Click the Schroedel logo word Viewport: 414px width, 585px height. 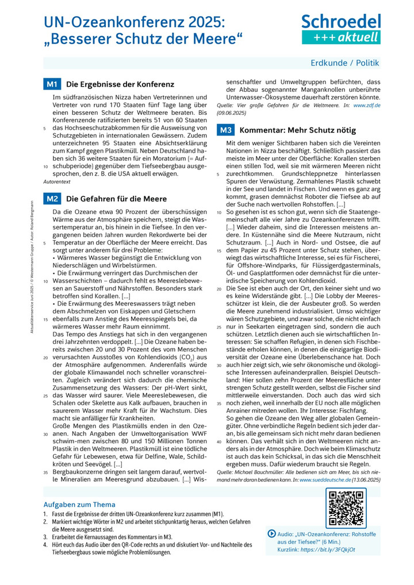[341, 21]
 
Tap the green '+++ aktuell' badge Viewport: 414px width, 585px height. [341, 37]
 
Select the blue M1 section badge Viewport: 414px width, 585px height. [52, 84]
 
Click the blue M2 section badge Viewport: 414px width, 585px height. [52, 199]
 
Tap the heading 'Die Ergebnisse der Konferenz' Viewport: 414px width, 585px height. [113, 84]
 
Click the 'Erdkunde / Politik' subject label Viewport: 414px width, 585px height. [345, 63]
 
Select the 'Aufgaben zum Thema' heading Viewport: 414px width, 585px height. [79, 505]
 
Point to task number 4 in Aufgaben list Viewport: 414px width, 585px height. [45, 544]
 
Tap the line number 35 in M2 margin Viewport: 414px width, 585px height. [45, 472]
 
